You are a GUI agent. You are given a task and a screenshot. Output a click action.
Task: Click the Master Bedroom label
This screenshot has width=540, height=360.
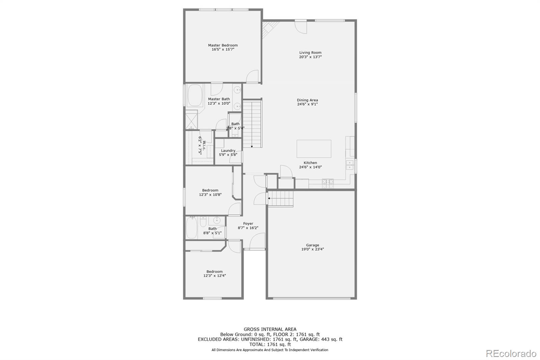coord(223,45)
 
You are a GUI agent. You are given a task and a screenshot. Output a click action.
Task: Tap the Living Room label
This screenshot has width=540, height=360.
coord(310,53)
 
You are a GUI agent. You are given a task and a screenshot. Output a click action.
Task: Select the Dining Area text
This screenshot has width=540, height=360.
coord(307,100)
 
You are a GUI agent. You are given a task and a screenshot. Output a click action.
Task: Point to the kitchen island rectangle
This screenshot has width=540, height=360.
coord(314,149)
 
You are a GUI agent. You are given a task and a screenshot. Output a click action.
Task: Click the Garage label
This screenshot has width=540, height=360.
coord(313,245)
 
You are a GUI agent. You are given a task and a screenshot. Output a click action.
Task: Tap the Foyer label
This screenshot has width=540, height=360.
coord(248,224)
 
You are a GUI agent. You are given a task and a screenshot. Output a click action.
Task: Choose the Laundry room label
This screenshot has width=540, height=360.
coord(228,151)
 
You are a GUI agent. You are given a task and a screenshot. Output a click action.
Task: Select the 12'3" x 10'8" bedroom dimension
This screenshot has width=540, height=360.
coord(210,195)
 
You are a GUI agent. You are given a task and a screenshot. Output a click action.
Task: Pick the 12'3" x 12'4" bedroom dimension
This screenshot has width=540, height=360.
coord(215,276)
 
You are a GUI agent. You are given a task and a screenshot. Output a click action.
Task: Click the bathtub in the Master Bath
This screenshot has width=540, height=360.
coord(194,96)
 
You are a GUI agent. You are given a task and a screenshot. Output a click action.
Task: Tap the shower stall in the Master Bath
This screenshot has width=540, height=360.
coord(191,120)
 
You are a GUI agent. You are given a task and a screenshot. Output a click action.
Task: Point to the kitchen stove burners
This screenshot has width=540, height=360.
coord(328,183)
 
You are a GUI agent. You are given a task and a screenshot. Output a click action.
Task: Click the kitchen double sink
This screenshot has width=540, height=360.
coord(350,165)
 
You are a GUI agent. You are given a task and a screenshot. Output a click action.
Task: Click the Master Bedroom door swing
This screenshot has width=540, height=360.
coord(252,76)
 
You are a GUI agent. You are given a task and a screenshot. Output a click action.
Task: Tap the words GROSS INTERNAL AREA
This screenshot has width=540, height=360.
coord(270,329)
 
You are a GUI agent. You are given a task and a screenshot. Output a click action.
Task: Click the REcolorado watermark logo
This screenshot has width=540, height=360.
coord(511,354)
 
